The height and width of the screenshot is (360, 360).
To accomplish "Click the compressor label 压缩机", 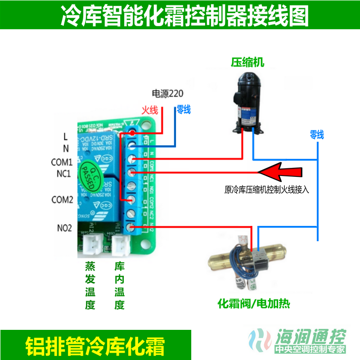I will (x=247, y=62).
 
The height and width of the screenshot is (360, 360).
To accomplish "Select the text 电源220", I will (x=168, y=94).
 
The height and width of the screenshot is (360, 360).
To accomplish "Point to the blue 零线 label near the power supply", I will (x=184, y=109).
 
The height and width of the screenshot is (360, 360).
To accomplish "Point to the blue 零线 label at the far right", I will (x=317, y=134).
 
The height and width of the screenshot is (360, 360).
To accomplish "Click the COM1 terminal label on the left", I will (x=62, y=162).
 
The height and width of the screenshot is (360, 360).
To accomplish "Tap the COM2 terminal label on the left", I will (x=62, y=200).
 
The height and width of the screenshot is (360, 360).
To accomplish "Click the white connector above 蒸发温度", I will (x=91, y=245).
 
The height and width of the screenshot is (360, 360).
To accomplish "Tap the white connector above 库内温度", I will (x=120, y=245).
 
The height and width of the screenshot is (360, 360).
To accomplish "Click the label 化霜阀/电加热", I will (x=253, y=304).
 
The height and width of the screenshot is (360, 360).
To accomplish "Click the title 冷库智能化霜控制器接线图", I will (x=184, y=16).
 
